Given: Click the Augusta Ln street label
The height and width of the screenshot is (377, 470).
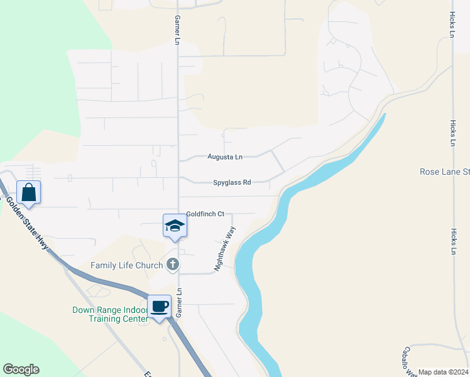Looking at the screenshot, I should (225, 157).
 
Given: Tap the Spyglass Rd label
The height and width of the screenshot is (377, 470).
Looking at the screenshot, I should (231, 182).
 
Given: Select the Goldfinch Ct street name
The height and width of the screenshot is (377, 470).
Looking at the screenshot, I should (205, 214).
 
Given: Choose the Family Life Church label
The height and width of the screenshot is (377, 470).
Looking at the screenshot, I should (127, 265).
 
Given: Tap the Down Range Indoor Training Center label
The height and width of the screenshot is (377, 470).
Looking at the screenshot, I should (110, 314).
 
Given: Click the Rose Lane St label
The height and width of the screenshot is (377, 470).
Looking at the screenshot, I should (444, 172).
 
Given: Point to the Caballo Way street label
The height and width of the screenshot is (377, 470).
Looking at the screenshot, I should (409, 361).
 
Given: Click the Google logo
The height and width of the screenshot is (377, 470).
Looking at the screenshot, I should (21, 369).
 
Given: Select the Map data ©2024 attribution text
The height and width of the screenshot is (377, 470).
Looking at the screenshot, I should (443, 372).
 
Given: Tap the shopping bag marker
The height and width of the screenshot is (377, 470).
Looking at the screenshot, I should (28, 192).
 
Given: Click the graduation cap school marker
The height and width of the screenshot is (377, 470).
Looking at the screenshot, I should (175, 226).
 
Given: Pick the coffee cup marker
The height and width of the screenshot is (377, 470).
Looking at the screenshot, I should (159, 307).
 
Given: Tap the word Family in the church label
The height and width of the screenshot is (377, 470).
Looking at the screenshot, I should (104, 265).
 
